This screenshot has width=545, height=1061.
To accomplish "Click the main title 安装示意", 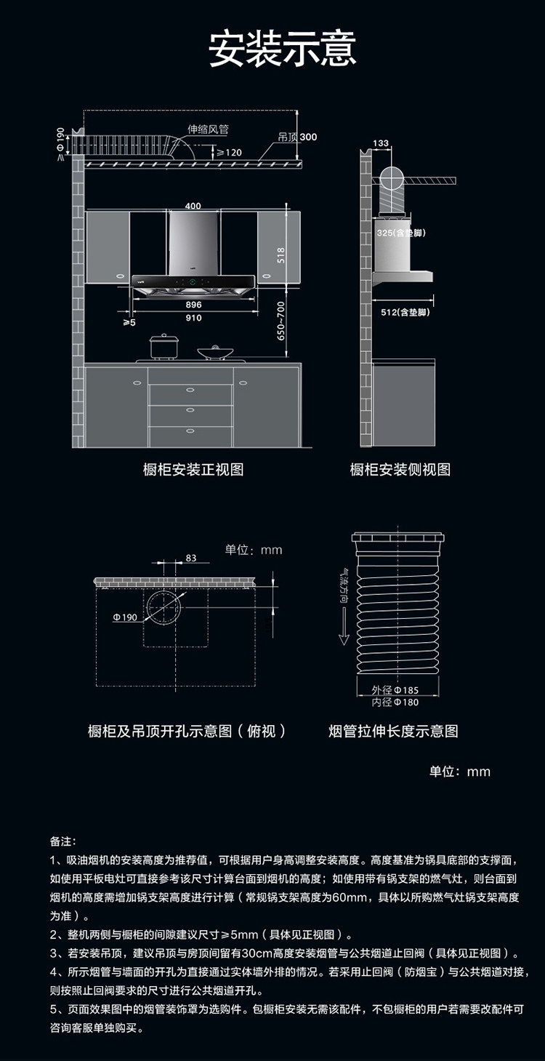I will (x=283, y=49).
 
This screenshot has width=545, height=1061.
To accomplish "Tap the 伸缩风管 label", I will (x=209, y=129).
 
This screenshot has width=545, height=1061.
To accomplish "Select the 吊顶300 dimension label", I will (x=298, y=137).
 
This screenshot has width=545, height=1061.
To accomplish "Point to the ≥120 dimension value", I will (x=229, y=153).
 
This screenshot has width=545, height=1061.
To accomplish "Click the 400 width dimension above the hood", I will (x=193, y=206).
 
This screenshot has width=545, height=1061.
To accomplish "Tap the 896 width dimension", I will (x=193, y=305).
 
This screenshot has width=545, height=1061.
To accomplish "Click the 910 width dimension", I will (x=193, y=318).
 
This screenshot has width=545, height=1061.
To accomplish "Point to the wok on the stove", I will (x=215, y=352).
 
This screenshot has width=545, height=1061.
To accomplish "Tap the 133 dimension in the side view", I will (x=381, y=143).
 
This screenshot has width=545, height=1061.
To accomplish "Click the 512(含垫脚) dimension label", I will (x=405, y=312).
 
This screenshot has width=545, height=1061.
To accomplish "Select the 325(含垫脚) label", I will (x=400, y=233).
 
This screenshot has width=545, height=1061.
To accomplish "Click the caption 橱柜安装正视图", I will (x=193, y=469).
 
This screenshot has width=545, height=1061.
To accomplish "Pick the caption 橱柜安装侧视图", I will (x=400, y=469).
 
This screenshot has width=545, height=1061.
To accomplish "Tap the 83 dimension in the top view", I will (x=191, y=558).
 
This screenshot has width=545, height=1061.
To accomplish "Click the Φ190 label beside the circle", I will (x=125, y=617).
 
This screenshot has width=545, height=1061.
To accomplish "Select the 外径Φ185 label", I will (x=395, y=689).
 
